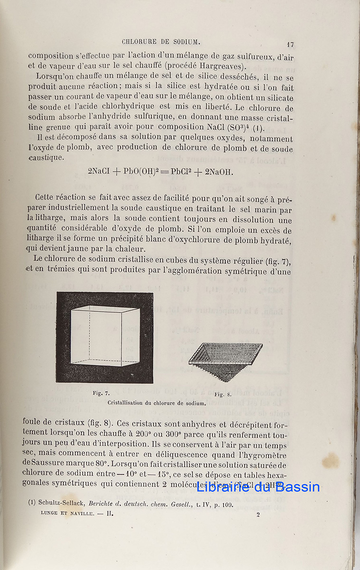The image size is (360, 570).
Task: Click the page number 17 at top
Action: tap(290, 45)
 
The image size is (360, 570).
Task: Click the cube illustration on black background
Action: tap(104, 337)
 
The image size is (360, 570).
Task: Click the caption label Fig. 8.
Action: tap(223, 394)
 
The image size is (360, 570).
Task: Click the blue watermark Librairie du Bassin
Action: tap(258, 487)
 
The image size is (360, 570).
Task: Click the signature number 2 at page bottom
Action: tap(258, 514)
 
